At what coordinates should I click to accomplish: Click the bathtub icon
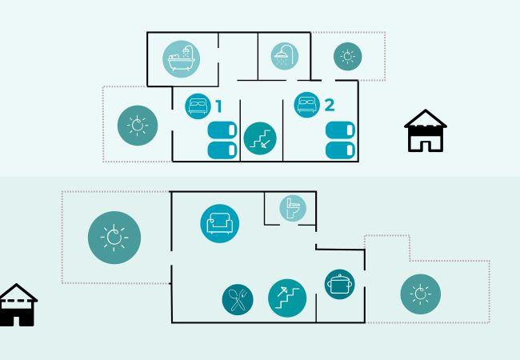click(x=181, y=59)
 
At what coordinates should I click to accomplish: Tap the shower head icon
click(x=285, y=56)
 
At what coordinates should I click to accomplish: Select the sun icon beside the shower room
click(x=347, y=56)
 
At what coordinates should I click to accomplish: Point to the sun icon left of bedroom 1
click(x=138, y=126)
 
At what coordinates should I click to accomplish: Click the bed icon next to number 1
click(x=198, y=106)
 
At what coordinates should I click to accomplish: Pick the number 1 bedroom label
click(x=218, y=106)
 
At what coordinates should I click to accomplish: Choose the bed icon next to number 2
click(x=306, y=105)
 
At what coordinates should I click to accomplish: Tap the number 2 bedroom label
click(x=330, y=105)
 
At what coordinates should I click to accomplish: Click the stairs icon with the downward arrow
click(x=260, y=138)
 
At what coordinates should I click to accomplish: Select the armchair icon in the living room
click(x=219, y=223)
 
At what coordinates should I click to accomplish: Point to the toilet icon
click(x=293, y=208)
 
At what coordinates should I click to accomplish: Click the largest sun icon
click(x=114, y=238)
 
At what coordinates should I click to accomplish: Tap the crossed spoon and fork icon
click(x=238, y=299)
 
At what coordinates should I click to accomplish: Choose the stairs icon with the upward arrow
click(x=287, y=298)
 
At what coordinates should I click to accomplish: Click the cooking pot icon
click(x=339, y=284)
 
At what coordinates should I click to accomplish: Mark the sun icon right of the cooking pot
click(x=421, y=294)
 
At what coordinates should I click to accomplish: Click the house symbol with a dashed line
click(x=18, y=305)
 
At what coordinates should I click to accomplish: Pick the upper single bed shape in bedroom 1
click(x=222, y=130)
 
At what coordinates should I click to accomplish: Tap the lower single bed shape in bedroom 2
click(x=341, y=150)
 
